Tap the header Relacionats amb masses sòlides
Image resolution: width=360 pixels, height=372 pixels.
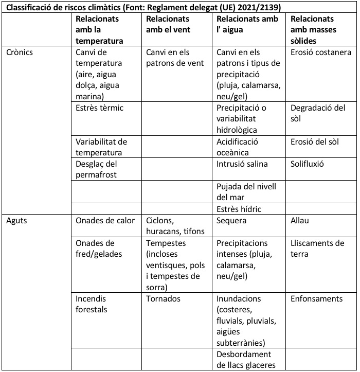313,30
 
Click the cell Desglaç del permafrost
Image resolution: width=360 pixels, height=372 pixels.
97,169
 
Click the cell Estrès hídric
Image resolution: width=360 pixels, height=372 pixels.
239,209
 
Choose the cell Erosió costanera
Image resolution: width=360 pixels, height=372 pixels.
321,52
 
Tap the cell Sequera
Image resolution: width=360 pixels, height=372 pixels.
232,221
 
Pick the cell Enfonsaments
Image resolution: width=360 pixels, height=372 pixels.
316,298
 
